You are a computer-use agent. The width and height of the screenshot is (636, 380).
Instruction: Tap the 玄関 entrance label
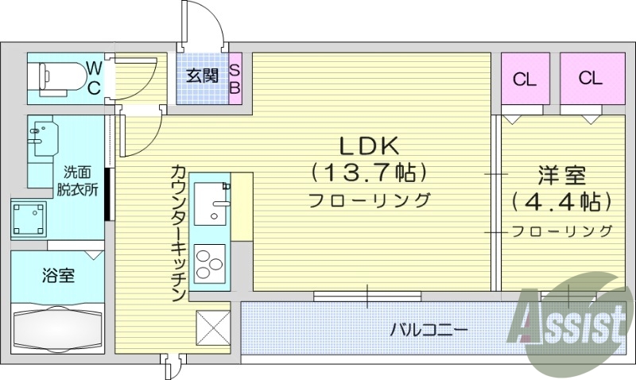tap(203, 76)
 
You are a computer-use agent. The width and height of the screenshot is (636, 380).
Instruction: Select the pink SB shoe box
tap(235, 78)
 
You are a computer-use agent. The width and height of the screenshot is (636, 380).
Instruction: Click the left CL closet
tap(523, 79)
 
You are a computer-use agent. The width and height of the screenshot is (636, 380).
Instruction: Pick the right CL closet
tap(590, 79)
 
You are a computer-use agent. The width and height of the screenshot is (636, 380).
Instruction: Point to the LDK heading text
tap(369, 146)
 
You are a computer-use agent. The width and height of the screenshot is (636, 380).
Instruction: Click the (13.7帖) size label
tap(369, 172)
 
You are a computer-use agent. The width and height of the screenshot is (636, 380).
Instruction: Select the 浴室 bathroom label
tap(58, 276)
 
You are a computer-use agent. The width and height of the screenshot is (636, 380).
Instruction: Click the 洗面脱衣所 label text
tap(77, 180)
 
